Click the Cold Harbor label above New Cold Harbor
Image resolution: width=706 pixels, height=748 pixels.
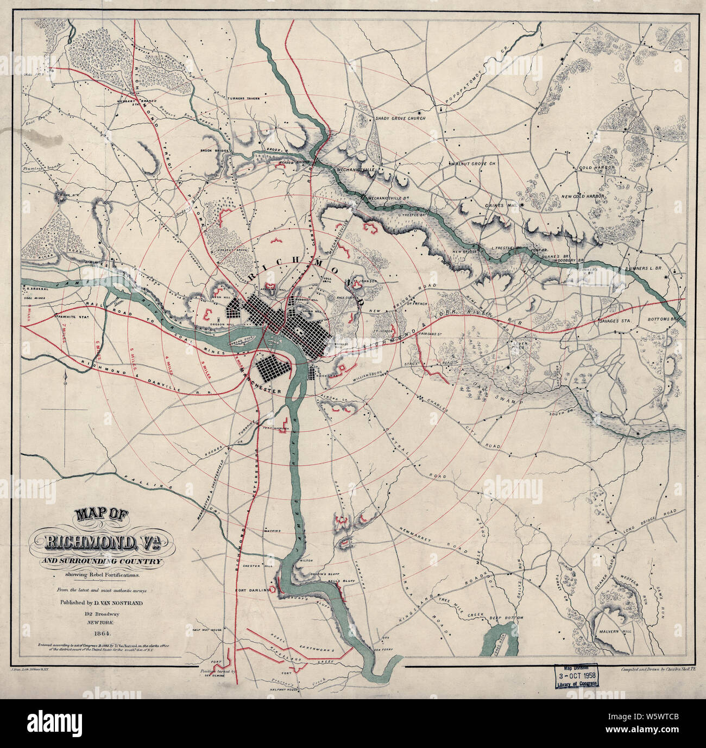coord(596,168)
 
